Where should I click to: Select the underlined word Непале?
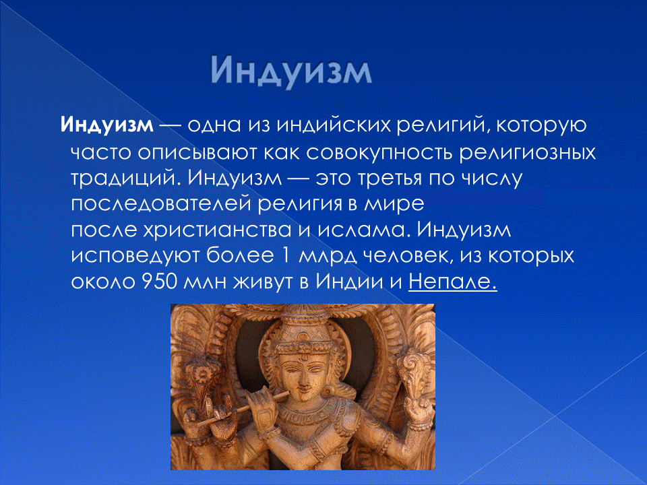(x=453, y=281)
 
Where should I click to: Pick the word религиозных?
(x=528, y=152)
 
